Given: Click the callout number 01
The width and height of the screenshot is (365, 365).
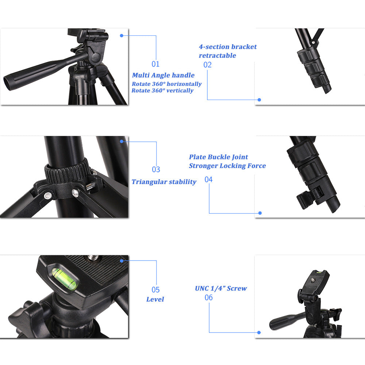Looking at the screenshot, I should coord(155,64).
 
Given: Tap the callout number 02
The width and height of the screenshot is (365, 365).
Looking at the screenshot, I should coord(207,65).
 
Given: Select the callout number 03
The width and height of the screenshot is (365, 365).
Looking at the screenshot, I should coord(156,169).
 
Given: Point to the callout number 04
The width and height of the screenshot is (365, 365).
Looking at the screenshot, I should coord(208,180).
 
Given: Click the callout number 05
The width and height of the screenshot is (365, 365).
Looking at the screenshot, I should coord(155,290).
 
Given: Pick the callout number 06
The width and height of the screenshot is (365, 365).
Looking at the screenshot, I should coord(208,297).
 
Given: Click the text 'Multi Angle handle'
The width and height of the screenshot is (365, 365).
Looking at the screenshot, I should coord(163,75).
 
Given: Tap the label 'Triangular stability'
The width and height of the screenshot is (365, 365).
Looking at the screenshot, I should coord(164,182).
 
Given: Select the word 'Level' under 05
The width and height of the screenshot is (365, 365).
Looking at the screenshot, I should coord(155,299).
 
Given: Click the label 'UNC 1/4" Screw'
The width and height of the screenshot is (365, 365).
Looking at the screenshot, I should coord(221,288).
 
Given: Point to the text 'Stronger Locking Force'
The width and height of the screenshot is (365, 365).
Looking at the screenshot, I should coord(227,166).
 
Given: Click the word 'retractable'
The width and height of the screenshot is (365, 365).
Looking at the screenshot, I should coord(217,55).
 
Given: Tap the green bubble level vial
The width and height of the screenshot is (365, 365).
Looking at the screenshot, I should coord(65,278).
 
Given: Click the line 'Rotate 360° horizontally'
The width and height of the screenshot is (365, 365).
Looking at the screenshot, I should coord(166,84).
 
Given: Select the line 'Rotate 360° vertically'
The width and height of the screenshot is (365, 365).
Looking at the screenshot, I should coord(162,91).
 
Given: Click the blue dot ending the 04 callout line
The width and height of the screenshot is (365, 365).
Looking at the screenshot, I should coord(260,213).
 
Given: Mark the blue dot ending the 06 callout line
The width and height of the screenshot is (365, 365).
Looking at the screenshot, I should coord(259,333).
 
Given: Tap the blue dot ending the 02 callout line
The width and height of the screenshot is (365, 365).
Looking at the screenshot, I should coord(259,99).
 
